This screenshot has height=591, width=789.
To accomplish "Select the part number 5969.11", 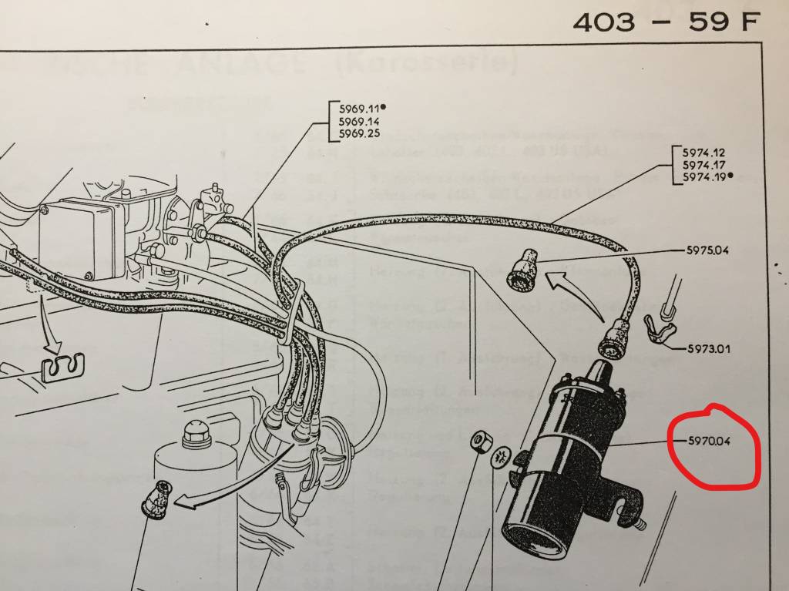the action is [x=356, y=109].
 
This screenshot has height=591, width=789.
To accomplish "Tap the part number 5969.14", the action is [x=356, y=122].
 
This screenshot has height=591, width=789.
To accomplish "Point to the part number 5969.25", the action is [x=356, y=135].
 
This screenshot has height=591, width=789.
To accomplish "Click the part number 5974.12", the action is [x=699, y=153].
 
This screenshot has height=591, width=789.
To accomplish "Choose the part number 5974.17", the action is [x=699, y=165].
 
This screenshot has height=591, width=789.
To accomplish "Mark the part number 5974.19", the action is [x=699, y=177].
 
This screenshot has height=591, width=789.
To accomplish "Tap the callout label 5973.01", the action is [x=709, y=348].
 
